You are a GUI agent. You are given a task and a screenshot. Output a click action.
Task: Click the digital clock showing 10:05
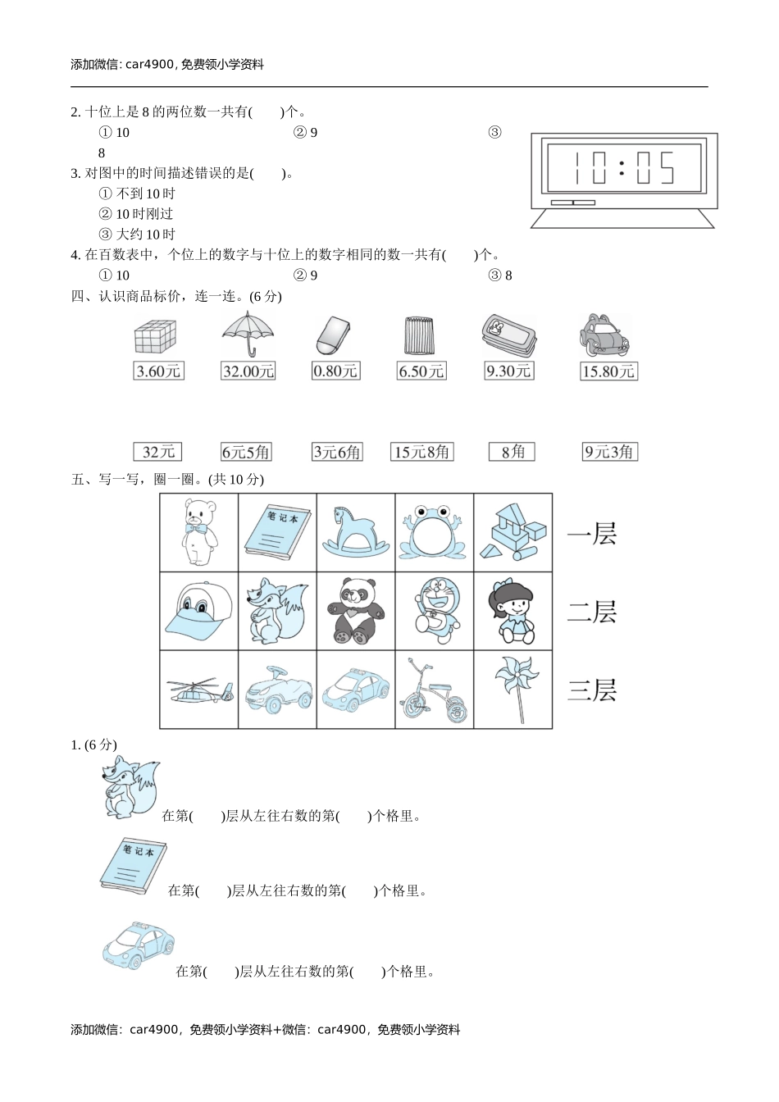coord(622,180)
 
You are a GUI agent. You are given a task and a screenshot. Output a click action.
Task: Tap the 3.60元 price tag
coord(158,371)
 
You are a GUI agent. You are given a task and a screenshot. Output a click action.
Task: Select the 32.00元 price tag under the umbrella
coord(248,371)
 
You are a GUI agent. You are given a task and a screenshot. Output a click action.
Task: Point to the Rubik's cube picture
coord(155,336)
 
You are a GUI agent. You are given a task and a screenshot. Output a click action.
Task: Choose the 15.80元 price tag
coord(608,371)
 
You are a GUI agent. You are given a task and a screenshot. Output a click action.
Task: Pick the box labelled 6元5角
coord(245,452)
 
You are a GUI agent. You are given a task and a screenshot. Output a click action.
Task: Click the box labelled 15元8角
coord(421,452)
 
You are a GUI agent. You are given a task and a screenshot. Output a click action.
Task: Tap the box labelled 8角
coord(512,452)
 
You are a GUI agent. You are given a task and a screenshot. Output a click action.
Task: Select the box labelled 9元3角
coord(609,452)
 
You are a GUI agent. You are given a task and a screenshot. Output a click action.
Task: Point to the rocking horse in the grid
coord(355,533)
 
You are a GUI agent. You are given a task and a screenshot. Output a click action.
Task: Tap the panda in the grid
coord(355,611)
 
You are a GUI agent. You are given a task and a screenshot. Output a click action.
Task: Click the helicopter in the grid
coord(199,691)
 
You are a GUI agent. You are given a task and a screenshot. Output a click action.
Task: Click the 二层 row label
coord(592,612)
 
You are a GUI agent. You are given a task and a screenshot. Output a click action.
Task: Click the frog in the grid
coord(432,533)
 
